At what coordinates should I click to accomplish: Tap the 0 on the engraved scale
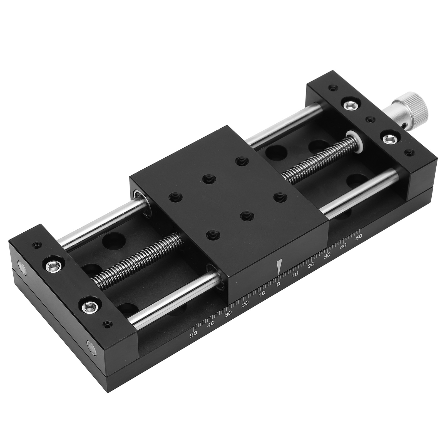pos(278,284)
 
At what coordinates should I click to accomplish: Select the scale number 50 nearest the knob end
pos(358,237)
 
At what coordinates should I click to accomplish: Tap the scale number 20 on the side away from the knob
pos(245,304)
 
